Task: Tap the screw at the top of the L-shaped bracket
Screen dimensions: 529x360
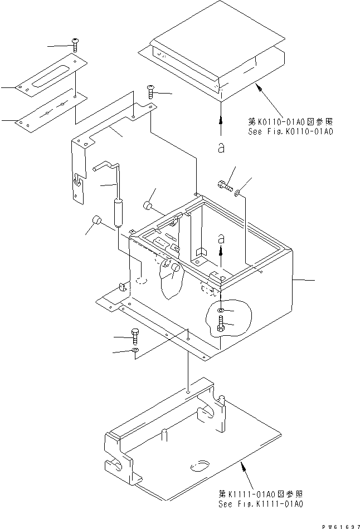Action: point(150,90)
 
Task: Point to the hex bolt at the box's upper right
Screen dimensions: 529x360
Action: point(223,186)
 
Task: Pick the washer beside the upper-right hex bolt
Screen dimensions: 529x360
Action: point(239,193)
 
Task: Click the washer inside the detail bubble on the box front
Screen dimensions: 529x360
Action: point(222,310)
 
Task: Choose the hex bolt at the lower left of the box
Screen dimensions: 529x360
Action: point(135,336)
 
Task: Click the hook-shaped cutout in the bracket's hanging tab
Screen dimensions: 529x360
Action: point(77,180)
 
